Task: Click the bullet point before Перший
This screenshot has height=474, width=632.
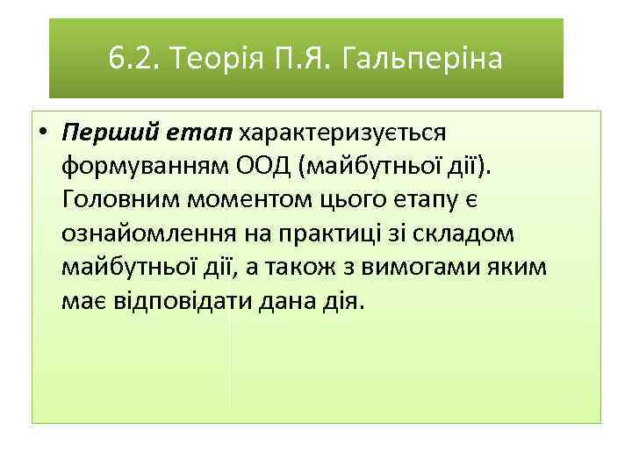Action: coord(42,133)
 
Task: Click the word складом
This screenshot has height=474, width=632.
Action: coord(470,233)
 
